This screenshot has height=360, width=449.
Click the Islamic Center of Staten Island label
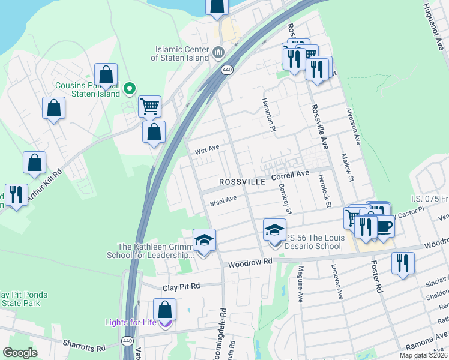point(182,53)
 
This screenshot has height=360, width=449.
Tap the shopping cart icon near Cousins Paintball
point(149,107)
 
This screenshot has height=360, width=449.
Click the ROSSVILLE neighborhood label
point(242,181)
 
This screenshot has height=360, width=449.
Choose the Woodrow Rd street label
point(250,262)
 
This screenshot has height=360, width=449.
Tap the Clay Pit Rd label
point(181,287)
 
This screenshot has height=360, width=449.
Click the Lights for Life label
point(131,322)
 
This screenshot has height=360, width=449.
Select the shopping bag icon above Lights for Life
point(164,310)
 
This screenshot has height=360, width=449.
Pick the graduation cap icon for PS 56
point(274,230)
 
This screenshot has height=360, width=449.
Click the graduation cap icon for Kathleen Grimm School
point(204,240)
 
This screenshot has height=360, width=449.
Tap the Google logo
point(20,353)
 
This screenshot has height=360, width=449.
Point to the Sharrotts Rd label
point(83,347)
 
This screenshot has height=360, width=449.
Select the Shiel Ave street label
point(223,200)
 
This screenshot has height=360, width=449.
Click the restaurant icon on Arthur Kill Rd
point(15,194)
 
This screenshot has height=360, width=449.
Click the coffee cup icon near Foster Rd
point(384,226)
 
